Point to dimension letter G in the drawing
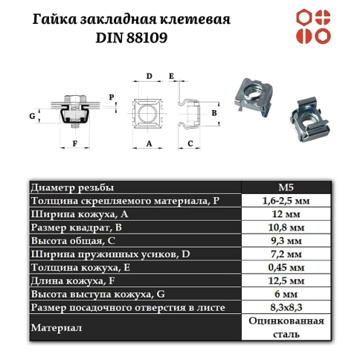[x=32, y=117]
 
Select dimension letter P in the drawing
[x=112, y=96]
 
